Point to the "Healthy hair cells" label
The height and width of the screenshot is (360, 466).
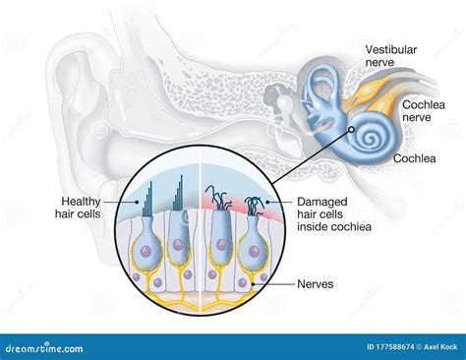78,206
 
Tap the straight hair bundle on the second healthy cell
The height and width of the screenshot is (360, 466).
183,193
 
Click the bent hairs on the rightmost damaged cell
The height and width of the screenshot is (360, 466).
256,206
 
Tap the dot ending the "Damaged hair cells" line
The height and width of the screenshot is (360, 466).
263,202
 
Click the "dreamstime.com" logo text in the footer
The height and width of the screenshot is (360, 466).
36,347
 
